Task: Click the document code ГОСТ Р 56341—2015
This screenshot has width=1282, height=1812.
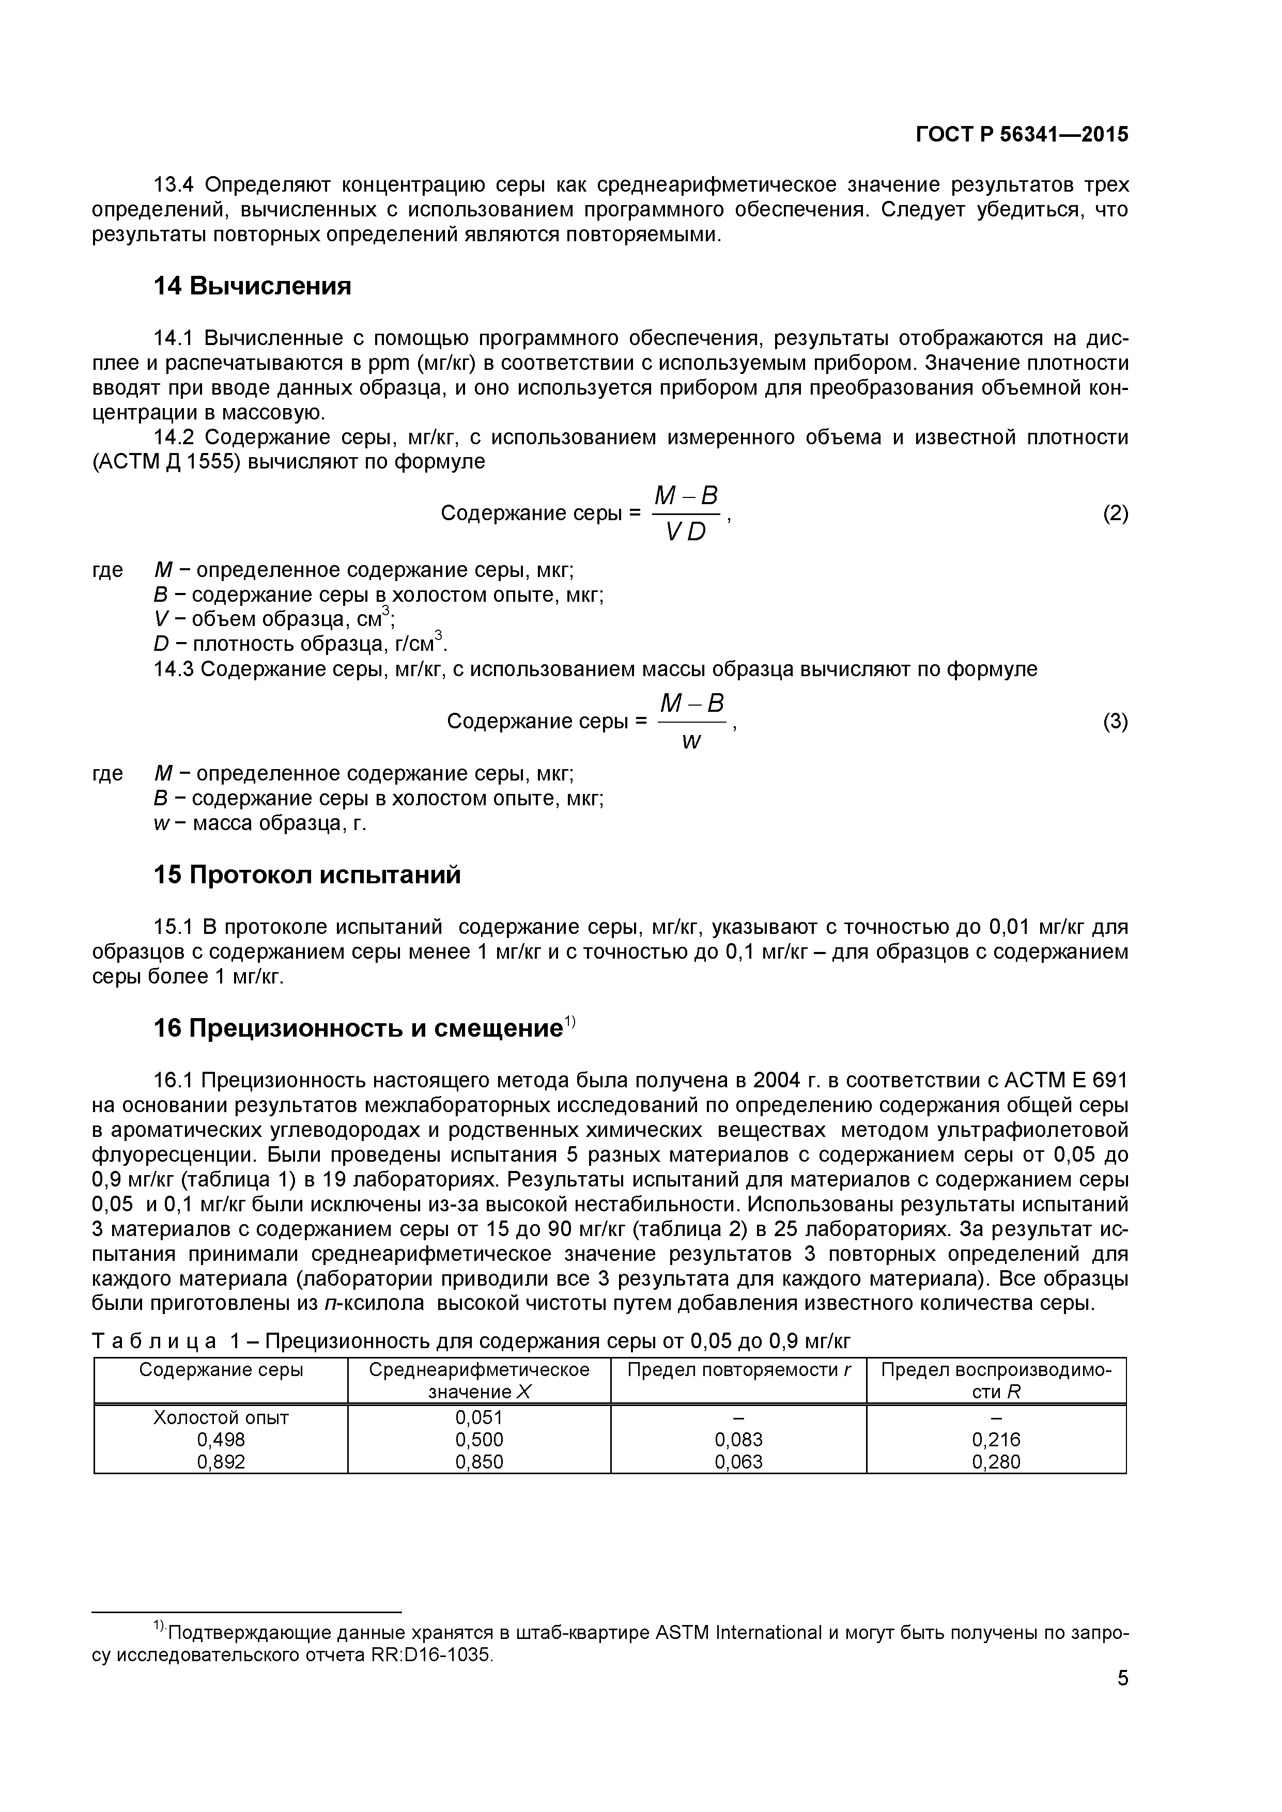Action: coord(1022,135)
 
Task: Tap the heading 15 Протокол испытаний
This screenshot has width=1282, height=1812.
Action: coord(307,874)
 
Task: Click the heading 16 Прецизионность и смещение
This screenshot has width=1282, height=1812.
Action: coord(359,1028)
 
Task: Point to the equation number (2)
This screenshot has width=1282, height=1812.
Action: coord(1115,514)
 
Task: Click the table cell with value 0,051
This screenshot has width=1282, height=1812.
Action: coord(479,1417)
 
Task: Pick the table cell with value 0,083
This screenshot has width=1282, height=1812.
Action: coord(738,1440)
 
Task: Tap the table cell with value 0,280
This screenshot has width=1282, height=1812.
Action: coord(996,1462)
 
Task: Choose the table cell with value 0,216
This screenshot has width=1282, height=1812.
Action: coord(996,1440)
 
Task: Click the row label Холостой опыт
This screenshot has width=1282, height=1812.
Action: coord(221,1417)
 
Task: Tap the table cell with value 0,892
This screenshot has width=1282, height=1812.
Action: coord(221,1462)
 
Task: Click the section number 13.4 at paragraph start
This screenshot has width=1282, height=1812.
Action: coord(173,185)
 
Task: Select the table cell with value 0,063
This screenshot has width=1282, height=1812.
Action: coord(738,1462)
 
